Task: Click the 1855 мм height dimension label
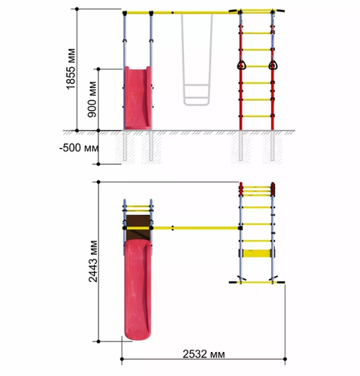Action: click(71, 68)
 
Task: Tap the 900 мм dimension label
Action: click(92, 99)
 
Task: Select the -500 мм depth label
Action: click(79, 148)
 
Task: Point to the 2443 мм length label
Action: click(93, 261)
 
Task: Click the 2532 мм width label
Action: click(204, 354)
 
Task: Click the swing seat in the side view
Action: click(196, 95)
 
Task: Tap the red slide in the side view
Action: click(138, 98)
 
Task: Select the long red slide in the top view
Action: click(138, 290)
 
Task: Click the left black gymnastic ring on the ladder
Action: click(241, 65)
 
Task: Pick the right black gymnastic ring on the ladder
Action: click(273, 65)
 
